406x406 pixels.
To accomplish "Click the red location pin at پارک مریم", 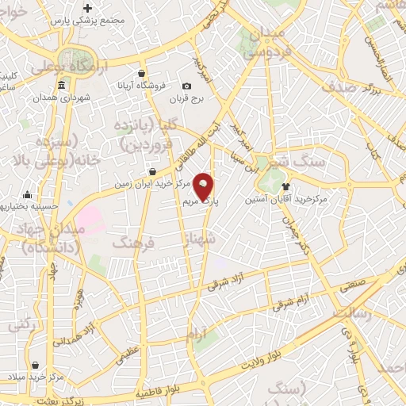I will click(204, 187).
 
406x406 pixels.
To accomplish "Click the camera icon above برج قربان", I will click(186, 86).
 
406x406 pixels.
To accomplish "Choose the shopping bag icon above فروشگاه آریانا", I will click(141, 73).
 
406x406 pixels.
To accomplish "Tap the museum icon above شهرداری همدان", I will click(62, 86).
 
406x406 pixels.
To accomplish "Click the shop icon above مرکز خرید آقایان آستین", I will click(285, 186).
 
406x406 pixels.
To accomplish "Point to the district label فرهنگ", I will click(130, 242).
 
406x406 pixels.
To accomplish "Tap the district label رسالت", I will click(353, 312).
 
